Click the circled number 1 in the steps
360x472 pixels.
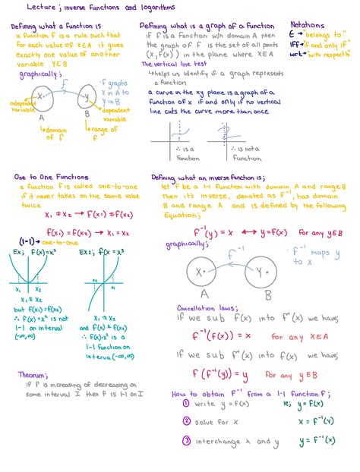click(x=185, y=403)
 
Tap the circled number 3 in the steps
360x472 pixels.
click(x=185, y=441)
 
